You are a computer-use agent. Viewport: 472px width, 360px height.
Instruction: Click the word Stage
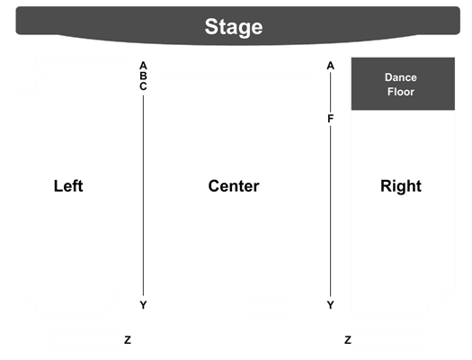[234, 27]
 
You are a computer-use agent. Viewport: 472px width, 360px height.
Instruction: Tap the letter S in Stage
[211, 26]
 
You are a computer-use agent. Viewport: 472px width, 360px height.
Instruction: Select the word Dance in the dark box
[401, 77]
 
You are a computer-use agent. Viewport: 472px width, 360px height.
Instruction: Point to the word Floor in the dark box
[401, 92]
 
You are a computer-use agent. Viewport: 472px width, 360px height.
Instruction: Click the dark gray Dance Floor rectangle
[403, 84]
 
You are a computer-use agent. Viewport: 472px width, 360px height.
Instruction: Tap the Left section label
[68, 186]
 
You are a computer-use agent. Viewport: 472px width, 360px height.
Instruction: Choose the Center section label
[234, 186]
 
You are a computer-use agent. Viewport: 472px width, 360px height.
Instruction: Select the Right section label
[401, 186]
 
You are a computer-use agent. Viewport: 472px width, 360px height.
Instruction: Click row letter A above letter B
[143, 66]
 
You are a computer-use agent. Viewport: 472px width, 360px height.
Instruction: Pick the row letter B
[143, 76]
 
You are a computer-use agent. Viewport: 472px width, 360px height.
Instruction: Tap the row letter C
[143, 86]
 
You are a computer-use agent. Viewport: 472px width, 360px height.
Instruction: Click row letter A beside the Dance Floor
[331, 66]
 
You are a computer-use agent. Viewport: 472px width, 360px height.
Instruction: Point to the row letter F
[331, 119]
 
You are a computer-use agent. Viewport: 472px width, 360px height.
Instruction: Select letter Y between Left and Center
[143, 305]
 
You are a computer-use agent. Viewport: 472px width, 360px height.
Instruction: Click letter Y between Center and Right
[331, 305]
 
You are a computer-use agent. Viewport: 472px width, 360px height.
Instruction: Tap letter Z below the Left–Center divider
[128, 340]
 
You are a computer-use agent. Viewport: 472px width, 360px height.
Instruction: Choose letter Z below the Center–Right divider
[348, 340]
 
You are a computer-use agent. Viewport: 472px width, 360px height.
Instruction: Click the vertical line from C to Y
[143, 195]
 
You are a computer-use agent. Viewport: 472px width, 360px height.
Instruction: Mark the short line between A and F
[331, 92]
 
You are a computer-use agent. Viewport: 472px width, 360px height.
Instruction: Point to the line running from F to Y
[331, 211]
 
